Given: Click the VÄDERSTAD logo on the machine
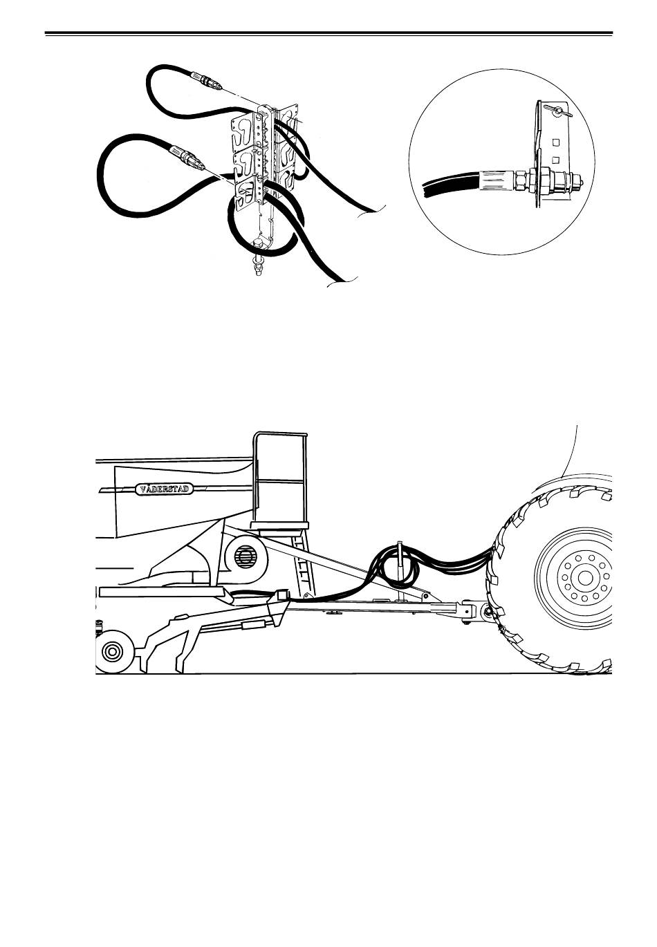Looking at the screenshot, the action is pyautogui.click(x=164, y=489).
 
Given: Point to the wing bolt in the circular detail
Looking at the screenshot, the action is pyautogui.click(x=558, y=111).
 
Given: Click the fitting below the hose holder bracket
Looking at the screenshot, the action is pyautogui.click(x=257, y=264).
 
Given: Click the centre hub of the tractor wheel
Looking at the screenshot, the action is pyautogui.click(x=585, y=578).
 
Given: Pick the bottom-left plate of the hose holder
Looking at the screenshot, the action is pyautogui.click(x=246, y=194).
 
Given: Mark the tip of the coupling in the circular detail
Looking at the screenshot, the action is pyautogui.click(x=582, y=182).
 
